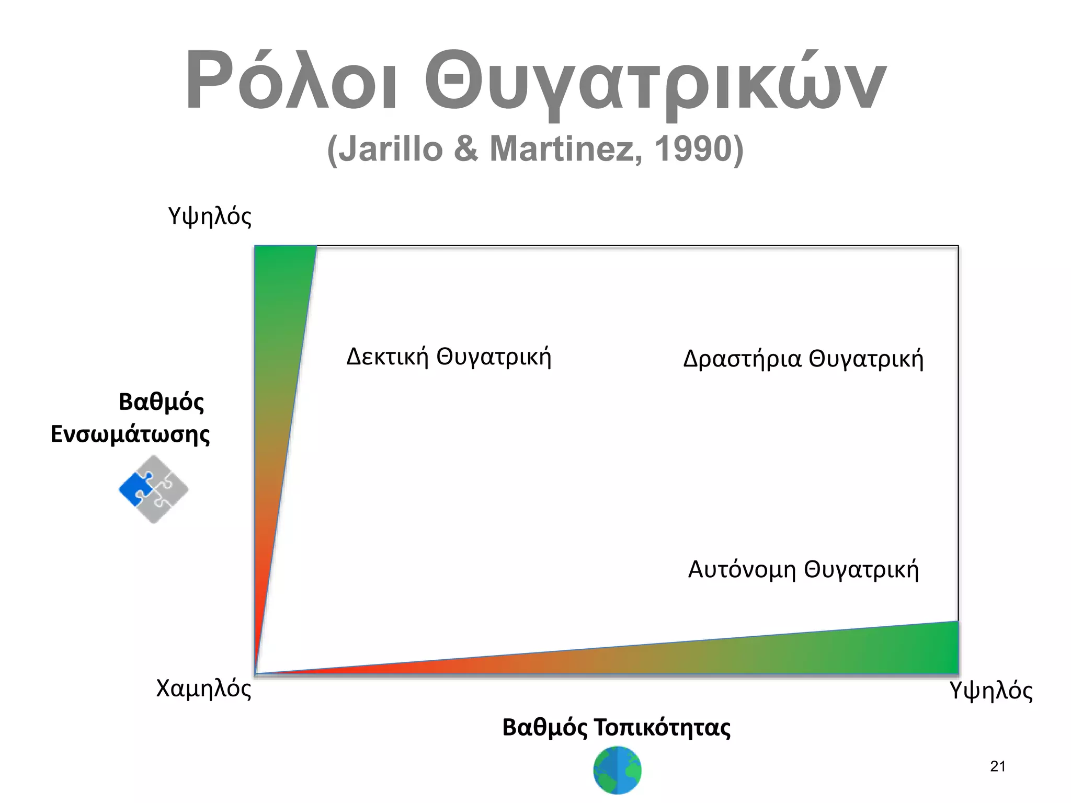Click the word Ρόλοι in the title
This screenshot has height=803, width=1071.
point(291,81)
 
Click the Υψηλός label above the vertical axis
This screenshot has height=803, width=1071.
point(210,216)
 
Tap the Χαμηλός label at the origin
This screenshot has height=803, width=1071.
point(204,689)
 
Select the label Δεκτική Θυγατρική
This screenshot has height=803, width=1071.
point(449,357)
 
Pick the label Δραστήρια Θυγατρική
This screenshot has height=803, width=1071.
point(803,360)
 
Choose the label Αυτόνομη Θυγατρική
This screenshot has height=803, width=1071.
point(803,570)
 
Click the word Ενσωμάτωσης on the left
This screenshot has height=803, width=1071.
point(130,434)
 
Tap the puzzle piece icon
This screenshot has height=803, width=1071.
point(154,489)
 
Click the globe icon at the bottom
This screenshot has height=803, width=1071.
point(618,770)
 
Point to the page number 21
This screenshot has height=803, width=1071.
point(998,767)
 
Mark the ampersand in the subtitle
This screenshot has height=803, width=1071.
point(466,149)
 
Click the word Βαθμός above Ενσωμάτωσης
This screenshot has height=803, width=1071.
point(162,402)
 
